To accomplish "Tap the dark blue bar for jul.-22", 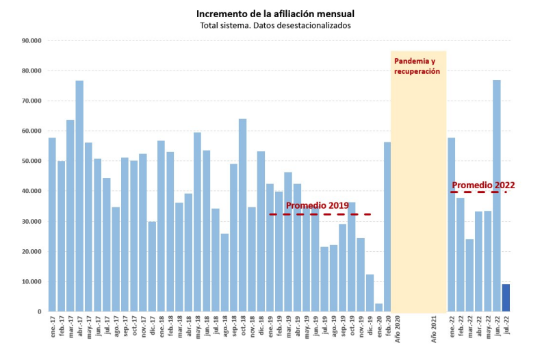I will [506, 298].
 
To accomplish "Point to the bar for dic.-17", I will [152, 267].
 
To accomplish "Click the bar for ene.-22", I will [452, 225].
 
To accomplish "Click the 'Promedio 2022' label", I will [483, 185].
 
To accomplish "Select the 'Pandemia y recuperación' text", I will [417, 66].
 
